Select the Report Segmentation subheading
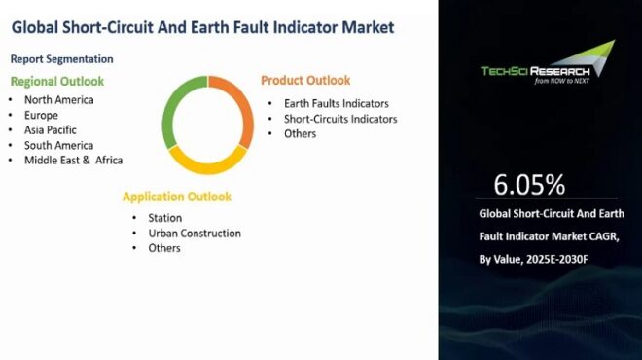tap(61, 59)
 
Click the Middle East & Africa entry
tap(74, 160)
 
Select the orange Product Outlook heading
tap(305, 80)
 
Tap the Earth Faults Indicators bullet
tap(337, 104)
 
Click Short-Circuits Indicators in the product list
tap(340, 119)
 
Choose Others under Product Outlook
tap(300, 133)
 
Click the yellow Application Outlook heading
tap(177, 197)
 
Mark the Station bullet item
tap(164, 218)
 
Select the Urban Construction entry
tap(195, 234)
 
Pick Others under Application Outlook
tap(164, 248)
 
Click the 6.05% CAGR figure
tap(529, 185)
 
